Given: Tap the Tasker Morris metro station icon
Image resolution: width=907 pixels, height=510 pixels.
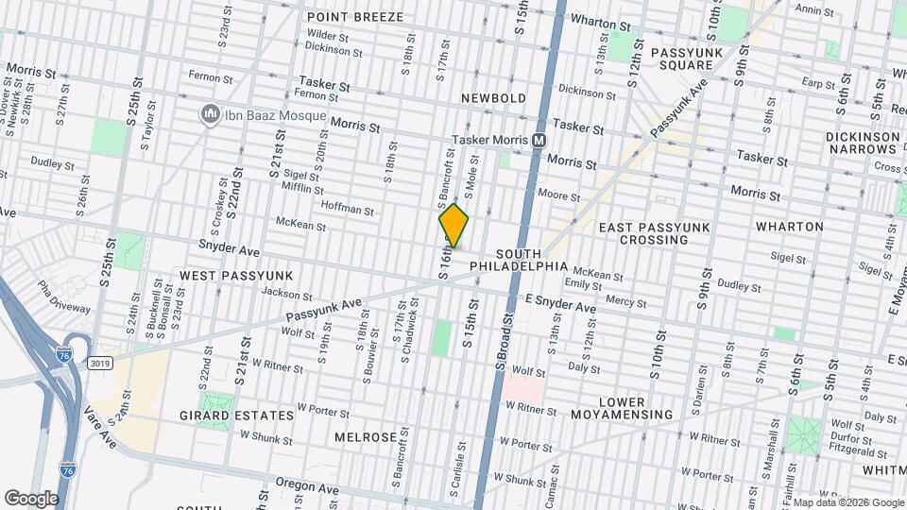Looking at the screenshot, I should [539, 140].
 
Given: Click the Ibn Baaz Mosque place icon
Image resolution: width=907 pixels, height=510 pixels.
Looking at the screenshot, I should [208, 115].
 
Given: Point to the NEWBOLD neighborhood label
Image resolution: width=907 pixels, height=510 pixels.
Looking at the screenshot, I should [493, 98].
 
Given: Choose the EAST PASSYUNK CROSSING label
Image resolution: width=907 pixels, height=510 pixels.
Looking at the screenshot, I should [654, 233].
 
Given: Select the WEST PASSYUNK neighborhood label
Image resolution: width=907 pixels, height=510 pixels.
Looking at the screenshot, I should [236, 275].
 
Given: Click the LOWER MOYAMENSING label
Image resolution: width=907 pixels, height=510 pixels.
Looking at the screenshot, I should [622, 408].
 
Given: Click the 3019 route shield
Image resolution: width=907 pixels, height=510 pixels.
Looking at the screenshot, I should [99, 363].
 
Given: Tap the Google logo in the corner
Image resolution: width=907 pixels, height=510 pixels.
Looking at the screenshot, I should [30, 498].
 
